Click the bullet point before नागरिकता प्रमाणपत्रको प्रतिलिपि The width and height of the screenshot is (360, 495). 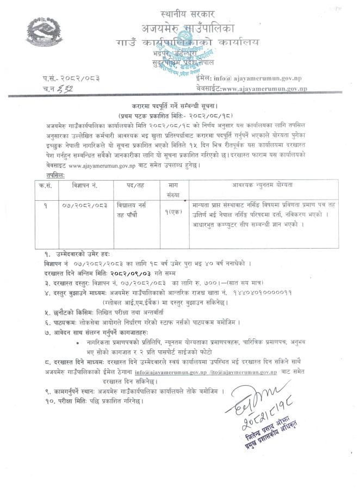click(x=79, y=343)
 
